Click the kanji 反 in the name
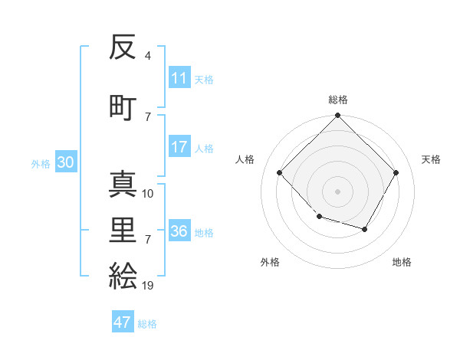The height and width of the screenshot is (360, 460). tap(123, 47)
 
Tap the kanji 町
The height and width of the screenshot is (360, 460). tap(123, 106)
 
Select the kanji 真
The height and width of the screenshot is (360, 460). tap(123, 185)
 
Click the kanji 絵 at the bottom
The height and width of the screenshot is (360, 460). tap(123, 275)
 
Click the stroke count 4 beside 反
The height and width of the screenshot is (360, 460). tap(147, 56)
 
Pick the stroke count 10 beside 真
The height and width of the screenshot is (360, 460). tap(148, 194)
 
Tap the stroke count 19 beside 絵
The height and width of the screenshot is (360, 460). tap(148, 286)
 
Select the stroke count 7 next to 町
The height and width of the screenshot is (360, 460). tap(147, 116)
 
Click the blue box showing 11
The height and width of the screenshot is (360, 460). tap(179, 79)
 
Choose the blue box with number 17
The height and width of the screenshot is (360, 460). tap(179, 148)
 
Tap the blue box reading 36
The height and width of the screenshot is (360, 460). tap(179, 232)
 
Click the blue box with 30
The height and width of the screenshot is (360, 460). tap(65, 163)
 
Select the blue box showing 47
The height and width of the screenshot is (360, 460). tap(123, 322)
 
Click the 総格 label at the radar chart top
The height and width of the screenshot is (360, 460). tap(337, 100)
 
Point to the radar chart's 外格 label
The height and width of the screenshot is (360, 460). tap(270, 262)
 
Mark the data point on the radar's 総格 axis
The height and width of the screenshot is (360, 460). tap(337, 116)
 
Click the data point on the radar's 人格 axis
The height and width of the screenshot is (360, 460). tap(280, 173)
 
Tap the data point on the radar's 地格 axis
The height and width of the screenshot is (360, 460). tap(365, 229)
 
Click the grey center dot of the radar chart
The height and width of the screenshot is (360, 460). tap(337, 191)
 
